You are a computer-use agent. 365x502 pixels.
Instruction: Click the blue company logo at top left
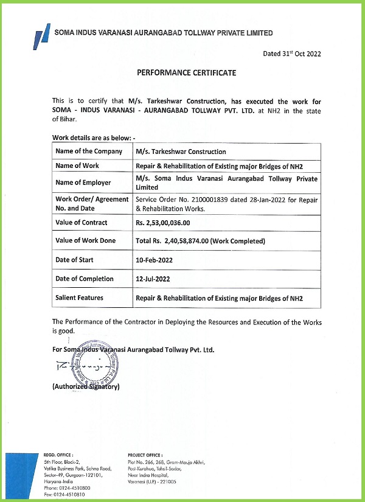[x=42, y=35]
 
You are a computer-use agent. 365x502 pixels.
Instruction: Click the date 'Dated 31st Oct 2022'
[x=292, y=54]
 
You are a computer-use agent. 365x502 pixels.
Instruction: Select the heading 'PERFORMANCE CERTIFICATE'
[x=186, y=73]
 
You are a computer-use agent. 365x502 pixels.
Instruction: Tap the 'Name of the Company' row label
[x=89, y=152]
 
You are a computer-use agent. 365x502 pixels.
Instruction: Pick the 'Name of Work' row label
[x=77, y=166]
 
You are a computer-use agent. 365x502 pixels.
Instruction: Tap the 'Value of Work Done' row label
[x=86, y=241]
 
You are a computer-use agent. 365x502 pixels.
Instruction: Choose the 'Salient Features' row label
[x=80, y=298]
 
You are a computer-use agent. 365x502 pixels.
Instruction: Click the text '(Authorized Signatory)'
[x=86, y=386]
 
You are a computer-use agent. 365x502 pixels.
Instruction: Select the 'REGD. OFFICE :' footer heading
[x=58, y=455]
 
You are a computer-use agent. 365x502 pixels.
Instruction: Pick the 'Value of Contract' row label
[x=82, y=223]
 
